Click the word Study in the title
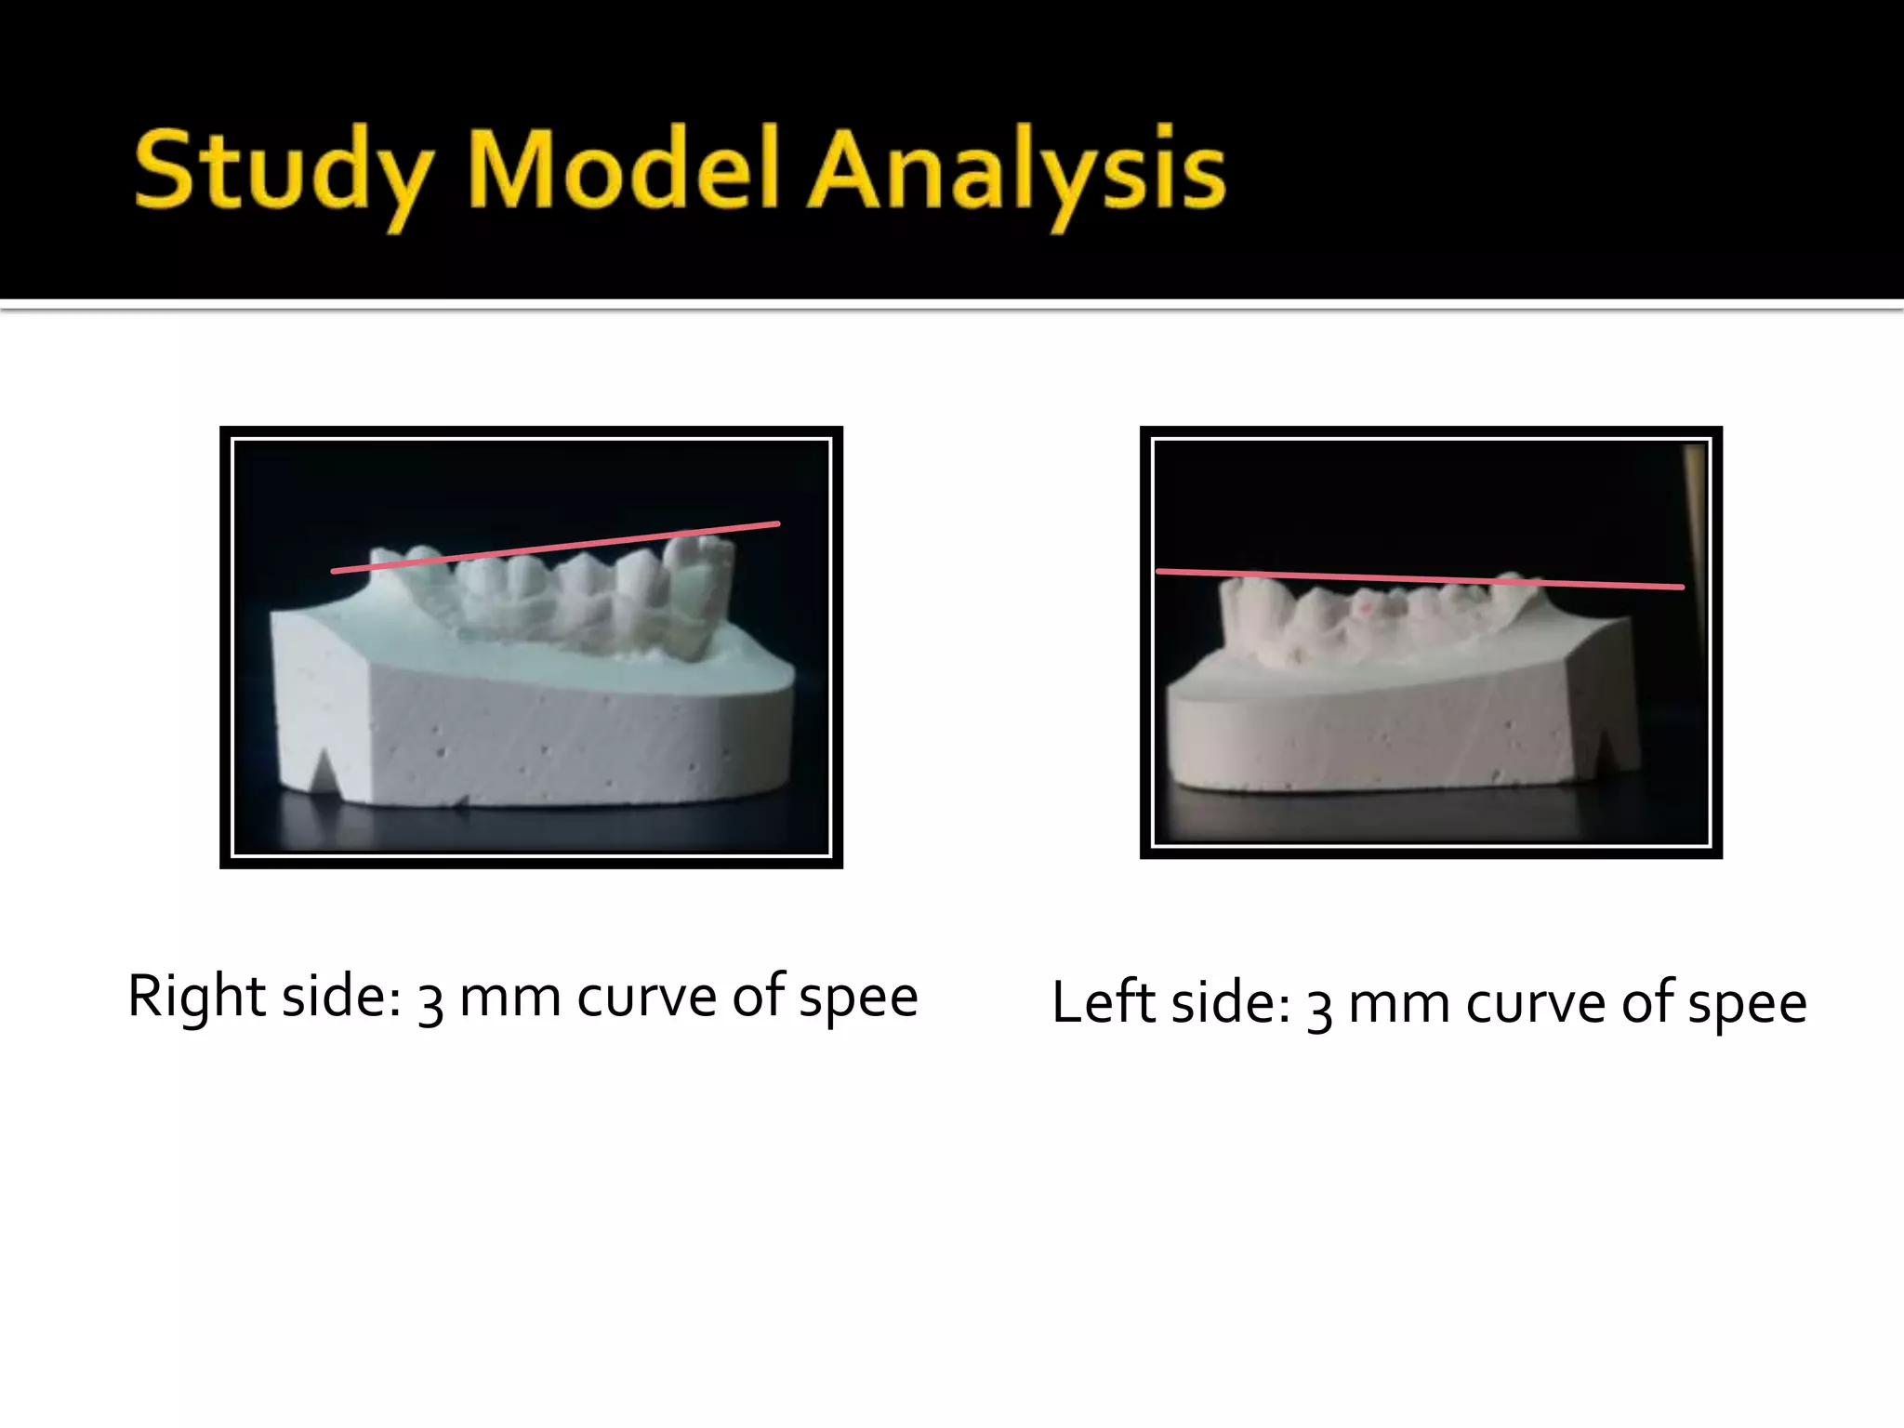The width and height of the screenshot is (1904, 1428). click(284, 172)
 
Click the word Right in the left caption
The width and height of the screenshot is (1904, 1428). click(196, 996)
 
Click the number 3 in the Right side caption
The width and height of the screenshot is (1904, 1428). click(430, 1001)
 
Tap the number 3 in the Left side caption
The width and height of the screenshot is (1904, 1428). click(1319, 1008)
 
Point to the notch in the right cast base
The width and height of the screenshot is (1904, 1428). click(1606, 749)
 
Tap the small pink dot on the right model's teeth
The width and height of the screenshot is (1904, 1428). click(1367, 606)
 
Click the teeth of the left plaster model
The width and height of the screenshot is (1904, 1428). click(558, 595)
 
